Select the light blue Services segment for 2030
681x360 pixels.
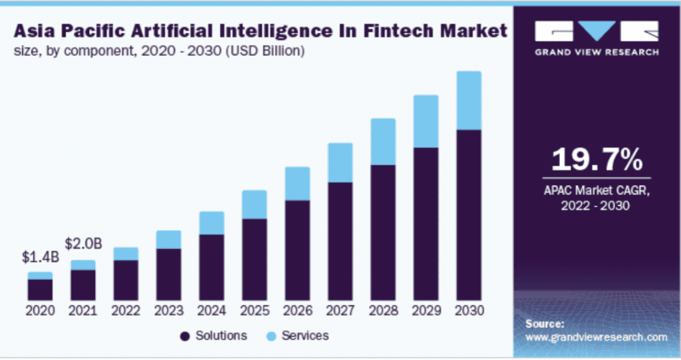tap(468, 100)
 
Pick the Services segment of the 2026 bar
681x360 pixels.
tap(297, 183)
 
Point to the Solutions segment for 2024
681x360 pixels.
tap(211, 266)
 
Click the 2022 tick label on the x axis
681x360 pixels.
tap(126, 311)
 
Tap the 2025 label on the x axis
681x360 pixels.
tap(254, 311)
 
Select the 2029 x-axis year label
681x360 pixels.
tap(426, 311)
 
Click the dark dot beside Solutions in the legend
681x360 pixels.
tap(184, 336)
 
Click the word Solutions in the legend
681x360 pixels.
tap(221, 335)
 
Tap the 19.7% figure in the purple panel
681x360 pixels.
tap(597, 160)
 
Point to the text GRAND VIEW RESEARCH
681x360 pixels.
tap(597, 52)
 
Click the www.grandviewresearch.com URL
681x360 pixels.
tap(596, 337)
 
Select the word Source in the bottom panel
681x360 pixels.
tap(544, 324)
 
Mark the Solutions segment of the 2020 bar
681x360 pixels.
tap(40, 289)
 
